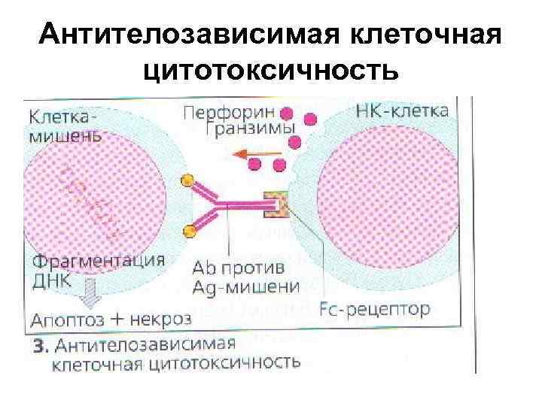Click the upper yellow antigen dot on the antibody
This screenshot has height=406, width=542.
(x=187, y=180)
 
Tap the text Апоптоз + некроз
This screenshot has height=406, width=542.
(x=111, y=318)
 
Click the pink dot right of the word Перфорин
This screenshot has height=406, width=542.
(x=287, y=114)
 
